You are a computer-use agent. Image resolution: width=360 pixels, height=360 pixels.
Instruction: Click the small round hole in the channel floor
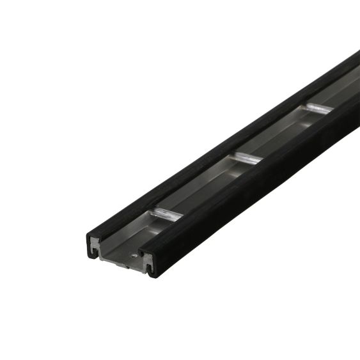pyautogui.click(x=132, y=254)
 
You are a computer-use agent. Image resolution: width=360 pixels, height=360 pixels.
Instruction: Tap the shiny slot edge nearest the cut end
pyautogui.click(x=168, y=213)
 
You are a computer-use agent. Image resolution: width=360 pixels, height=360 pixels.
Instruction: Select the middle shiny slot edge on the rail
pyautogui.click(x=246, y=157)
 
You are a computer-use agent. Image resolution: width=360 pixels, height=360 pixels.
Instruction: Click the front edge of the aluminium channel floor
pyautogui.click(x=121, y=260)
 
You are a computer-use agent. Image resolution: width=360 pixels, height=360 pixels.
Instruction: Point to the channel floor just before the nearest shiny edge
pyautogui.click(x=144, y=233)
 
